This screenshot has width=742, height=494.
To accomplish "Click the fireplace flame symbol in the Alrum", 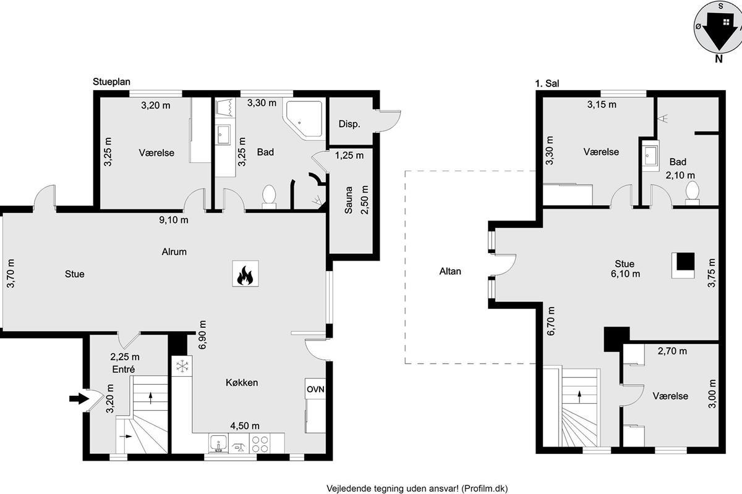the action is pos(245,275).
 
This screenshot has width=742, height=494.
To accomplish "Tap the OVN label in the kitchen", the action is pos(315,389).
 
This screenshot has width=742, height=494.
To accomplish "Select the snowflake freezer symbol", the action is pos(182,366).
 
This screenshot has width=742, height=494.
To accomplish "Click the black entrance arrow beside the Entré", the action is pos(79,399).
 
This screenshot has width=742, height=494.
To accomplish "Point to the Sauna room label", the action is pos(349,200).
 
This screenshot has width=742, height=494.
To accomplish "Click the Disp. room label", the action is pos(349,124).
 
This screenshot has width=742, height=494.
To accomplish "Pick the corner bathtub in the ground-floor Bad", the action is pos(304,119).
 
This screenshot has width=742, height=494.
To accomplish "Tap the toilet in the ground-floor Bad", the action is pos(269,196).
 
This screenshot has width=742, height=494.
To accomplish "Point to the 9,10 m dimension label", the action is pos(174,220).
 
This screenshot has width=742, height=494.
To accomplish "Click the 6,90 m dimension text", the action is pos(202,335).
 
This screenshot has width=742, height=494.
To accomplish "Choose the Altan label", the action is pos(450,271).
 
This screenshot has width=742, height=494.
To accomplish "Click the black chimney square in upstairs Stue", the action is pos(685,261).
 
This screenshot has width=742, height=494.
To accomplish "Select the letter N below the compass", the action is pos(719,59).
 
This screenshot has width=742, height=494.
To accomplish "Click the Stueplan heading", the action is pos(111,82).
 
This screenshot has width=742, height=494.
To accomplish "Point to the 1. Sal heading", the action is pos(547,83).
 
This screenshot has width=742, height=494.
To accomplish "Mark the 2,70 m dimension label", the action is pos(672,351).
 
